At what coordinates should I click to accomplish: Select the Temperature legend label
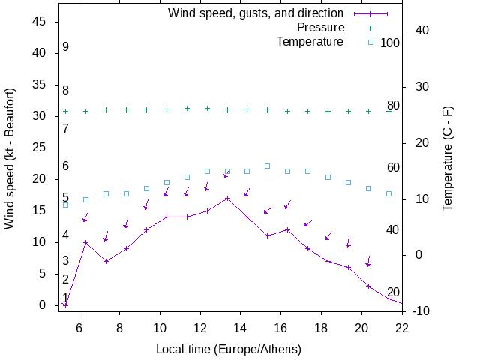(x=310, y=42)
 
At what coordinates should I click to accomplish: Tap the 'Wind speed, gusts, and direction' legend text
(x=256, y=13)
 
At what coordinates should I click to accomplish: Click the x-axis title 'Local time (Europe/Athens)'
(x=229, y=349)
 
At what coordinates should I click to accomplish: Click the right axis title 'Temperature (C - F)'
(x=447, y=157)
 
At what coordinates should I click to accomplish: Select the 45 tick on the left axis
(x=40, y=22)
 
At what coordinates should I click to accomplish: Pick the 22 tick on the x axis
(x=402, y=327)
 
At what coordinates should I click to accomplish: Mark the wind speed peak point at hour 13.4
(x=227, y=198)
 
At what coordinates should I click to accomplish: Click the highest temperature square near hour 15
(x=267, y=166)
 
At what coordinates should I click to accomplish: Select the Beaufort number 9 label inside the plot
(x=66, y=47)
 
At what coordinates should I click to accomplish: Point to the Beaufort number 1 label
(x=66, y=298)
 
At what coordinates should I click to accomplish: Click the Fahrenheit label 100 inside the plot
(x=390, y=43)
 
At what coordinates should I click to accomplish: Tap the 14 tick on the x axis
(x=241, y=327)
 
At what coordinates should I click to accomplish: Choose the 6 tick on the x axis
(x=79, y=327)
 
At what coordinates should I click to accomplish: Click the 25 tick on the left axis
(x=40, y=148)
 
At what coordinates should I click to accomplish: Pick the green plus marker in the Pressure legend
(x=370, y=28)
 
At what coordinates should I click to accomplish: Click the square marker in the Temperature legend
(x=370, y=42)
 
